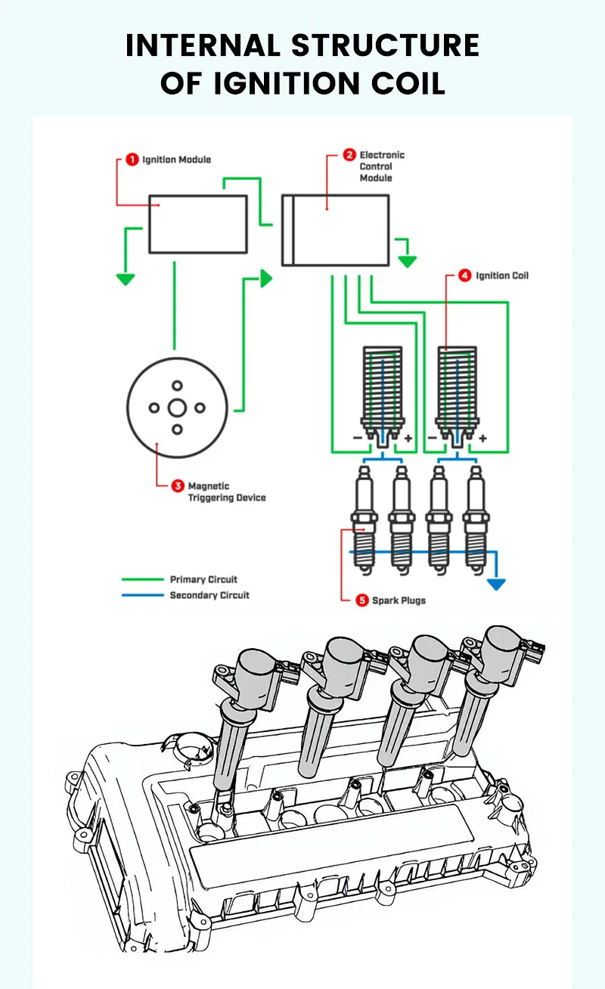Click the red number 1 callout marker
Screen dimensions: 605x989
tap(132, 160)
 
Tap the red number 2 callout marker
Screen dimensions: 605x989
tap(349, 154)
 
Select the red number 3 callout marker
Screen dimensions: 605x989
tap(178, 485)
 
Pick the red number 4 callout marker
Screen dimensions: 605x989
tap(464, 275)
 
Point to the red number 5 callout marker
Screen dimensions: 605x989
tap(362, 600)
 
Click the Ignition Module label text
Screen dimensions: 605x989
tap(177, 160)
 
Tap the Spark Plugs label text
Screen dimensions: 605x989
tap(399, 600)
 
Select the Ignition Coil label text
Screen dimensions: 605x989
tap(502, 275)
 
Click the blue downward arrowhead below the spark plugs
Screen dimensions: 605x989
tap(496, 584)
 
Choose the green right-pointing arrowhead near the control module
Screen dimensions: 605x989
tap(266, 278)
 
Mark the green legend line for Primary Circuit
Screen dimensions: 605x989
tap(143, 579)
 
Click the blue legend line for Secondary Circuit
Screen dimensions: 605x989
tap(143, 595)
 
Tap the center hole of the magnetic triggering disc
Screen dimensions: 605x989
tap(177, 408)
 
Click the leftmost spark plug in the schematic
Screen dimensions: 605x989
tap(365, 520)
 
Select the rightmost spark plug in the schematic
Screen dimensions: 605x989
tap(476, 520)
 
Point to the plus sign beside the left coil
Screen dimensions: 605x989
tap(408, 438)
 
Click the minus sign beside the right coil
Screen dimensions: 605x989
tap(433, 438)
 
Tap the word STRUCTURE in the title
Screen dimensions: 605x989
tap(385, 45)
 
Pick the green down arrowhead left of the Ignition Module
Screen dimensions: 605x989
tap(126, 280)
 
